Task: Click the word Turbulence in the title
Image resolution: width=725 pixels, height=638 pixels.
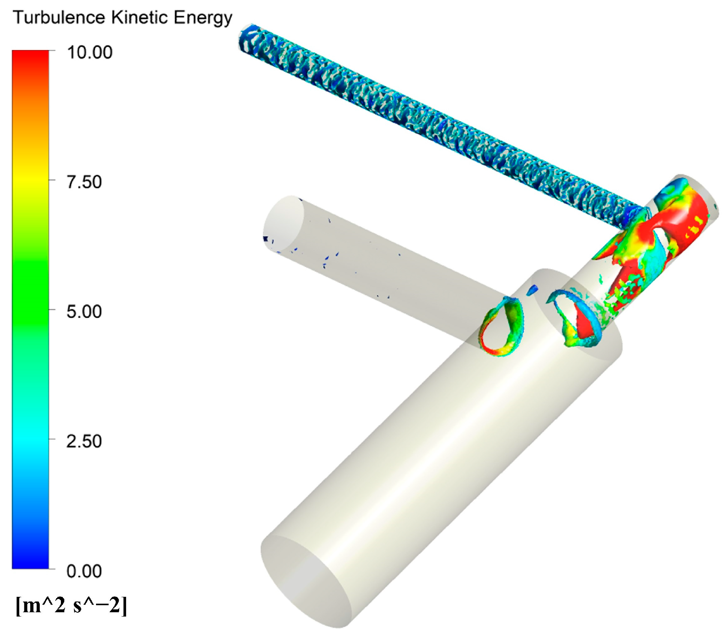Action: [x=59, y=18]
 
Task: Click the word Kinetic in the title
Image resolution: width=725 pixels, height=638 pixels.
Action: [x=140, y=18]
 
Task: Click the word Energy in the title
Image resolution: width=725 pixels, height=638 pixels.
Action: [x=203, y=18]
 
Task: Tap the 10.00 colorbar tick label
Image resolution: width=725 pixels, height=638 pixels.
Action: [x=90, y=52]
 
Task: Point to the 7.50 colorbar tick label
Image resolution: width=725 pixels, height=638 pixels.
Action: [x=84, y=182]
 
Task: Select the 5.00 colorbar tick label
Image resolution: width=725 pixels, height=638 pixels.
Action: [x=84, y=311]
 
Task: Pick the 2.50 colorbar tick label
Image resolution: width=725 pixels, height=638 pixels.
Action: [x=84, y=441]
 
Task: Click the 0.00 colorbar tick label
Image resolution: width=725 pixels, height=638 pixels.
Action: [x=84, y=571]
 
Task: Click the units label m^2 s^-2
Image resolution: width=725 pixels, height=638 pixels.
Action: [x=71, y=606]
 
